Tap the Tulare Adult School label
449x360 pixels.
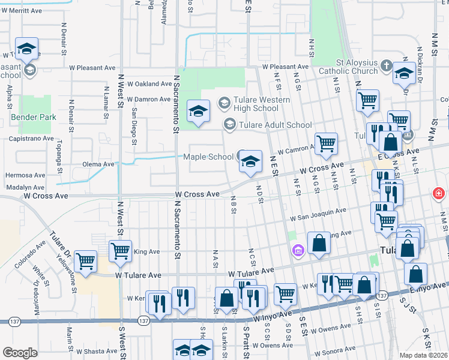click(x=276, y=125)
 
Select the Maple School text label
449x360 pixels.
click(x=208, y=157)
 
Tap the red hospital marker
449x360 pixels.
click(x=439, y=194)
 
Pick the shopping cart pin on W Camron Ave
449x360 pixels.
click(x=326, y=144)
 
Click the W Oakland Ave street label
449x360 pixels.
click(x=145, y=84)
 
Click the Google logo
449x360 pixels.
click(x=20, y=353)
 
